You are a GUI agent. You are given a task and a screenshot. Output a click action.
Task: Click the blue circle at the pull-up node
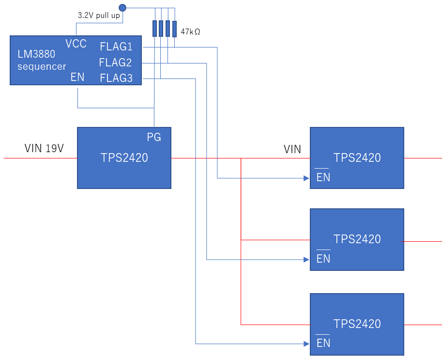[x=122, y=7]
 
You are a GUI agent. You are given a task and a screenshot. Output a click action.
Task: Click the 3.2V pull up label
[x=99, y=16]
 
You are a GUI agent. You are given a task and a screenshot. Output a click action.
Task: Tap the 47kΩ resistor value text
[x=190, y=32]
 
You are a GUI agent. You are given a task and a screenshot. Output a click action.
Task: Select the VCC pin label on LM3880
[x=76, y=44]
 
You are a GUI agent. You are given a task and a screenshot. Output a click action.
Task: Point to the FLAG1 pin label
[x=116, y=47]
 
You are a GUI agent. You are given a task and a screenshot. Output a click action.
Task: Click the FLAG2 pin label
[x=116, y=62]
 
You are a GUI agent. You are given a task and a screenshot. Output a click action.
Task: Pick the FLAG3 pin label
[x=116, y=78]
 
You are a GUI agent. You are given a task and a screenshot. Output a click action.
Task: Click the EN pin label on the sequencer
[x=77, y=77]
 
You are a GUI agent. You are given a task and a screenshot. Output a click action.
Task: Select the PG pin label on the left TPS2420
[x=154, y=138]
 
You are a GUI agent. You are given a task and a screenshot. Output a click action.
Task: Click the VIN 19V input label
[x=44, y=149]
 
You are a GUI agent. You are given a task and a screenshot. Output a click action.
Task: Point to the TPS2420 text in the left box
[x=124, y=157]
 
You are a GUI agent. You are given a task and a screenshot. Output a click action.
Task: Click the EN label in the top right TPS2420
[x=323, y=177]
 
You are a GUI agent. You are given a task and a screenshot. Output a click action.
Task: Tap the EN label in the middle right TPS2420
[x=323, y=259]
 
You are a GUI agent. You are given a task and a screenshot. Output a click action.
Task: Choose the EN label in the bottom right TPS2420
[x=323, y=344]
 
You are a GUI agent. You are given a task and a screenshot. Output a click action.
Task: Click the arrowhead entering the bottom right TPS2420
[x=306, y=344]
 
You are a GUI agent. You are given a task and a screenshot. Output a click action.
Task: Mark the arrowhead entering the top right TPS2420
[x=306, y=178]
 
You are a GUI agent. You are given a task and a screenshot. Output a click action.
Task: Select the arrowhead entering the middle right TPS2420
[x=306, y=259]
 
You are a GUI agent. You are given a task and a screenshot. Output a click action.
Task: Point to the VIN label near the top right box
[x=292, y=150]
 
